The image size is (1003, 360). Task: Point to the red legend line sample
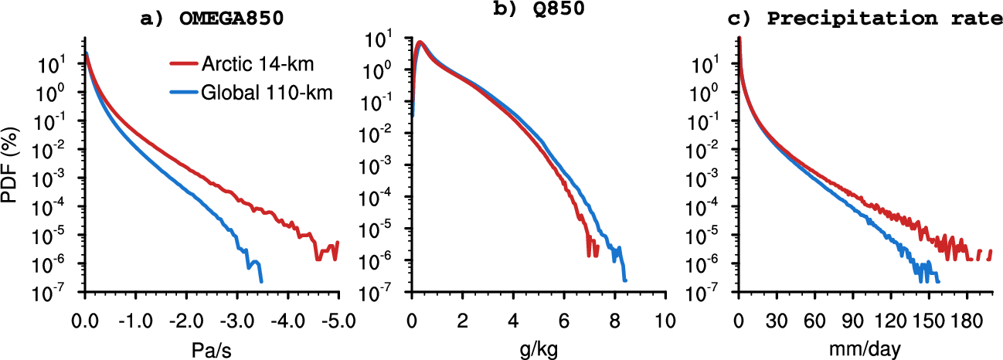(182, 66)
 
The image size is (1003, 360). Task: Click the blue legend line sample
(182, 93)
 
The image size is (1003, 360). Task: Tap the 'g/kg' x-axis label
(538, 350)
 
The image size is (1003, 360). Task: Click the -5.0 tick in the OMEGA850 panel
(335, 319)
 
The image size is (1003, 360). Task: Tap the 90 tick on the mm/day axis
(852, 319)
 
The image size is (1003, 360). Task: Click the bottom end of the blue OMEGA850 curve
(261, 281)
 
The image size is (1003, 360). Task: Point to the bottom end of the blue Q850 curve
(624, 281)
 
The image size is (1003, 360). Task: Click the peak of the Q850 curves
(420, 42)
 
